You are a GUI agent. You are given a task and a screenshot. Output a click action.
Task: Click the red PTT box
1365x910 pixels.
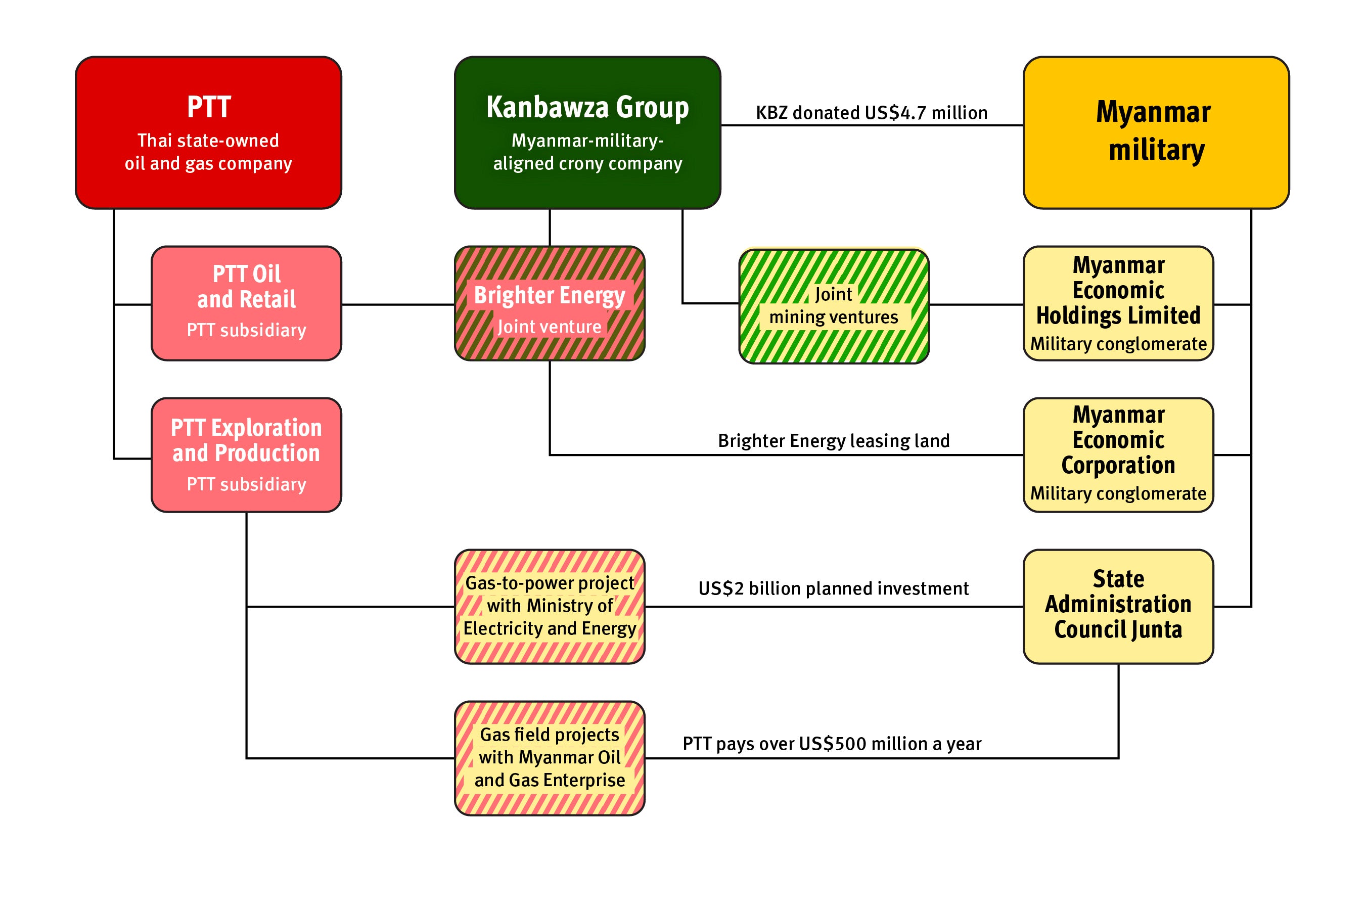(208, 132)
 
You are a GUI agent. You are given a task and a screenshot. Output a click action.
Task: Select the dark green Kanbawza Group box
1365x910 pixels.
(587, 132)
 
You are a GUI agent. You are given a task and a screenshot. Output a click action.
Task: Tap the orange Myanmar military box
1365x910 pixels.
(1156, 132)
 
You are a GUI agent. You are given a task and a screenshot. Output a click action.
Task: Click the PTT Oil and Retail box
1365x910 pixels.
(246, 303)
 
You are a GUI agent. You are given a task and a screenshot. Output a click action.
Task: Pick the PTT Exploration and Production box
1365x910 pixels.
(246, 454)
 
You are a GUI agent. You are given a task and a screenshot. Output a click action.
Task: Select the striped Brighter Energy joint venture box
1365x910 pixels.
(549, 303)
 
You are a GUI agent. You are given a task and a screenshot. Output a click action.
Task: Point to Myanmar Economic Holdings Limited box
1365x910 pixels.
(1118, 303)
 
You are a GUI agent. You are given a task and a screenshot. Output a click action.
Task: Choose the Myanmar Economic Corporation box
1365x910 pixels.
(1118, 454)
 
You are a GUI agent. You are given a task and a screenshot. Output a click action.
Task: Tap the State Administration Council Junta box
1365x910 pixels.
(1118, 606)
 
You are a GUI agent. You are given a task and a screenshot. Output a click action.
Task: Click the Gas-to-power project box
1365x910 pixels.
(549, 606)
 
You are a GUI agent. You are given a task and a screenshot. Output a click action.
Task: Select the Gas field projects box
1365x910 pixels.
(549, 757)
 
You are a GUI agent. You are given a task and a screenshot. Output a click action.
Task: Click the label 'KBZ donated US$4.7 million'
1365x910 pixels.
(871, 113)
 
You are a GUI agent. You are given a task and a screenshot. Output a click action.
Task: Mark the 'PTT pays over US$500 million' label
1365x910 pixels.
(832, 744)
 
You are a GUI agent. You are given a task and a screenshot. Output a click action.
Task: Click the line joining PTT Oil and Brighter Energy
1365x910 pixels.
(397, 304)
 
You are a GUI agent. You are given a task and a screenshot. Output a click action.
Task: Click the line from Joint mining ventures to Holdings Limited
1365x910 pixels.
(976, 304)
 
